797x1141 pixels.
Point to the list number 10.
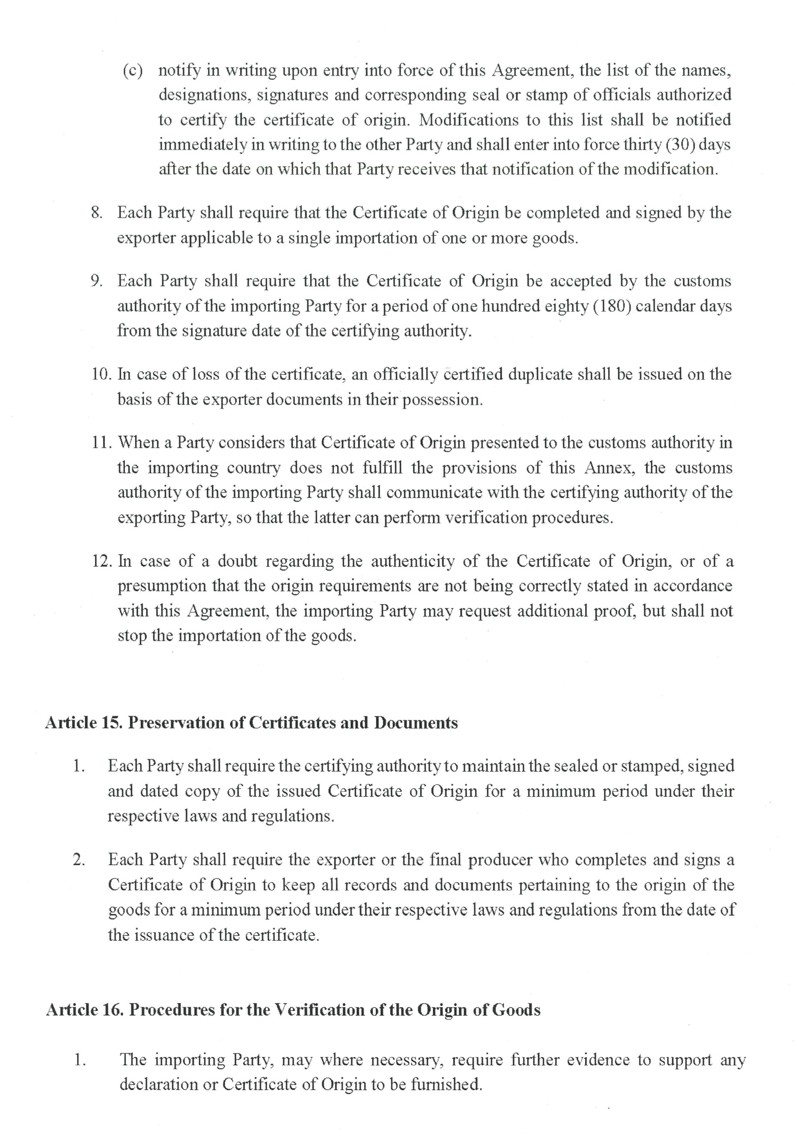[102, 374]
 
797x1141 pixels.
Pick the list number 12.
[102, 562]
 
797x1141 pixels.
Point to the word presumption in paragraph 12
[162, 586]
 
